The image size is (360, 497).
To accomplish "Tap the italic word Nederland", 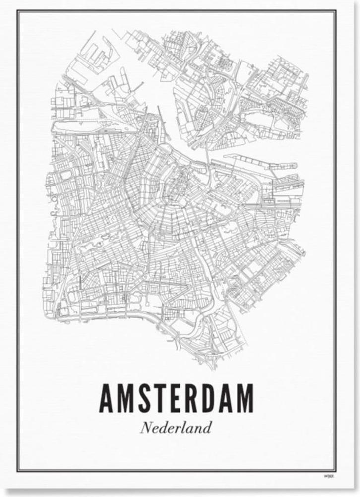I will click(x=176, y=427).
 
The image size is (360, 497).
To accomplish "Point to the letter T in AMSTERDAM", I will click(x=157, y=398).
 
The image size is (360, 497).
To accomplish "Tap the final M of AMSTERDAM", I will click(x=245, y=398).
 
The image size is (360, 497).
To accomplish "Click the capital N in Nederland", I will click(x=145, y=427).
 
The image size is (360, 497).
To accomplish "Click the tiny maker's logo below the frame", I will click(x=328, y=477).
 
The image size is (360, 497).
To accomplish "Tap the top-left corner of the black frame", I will click(x=18, y=11).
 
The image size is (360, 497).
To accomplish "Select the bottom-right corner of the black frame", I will click(x=335, y=470).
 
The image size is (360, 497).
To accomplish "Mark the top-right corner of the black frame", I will click(x=336, y=11).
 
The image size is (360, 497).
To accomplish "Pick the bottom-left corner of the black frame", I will click(x=18, y=470).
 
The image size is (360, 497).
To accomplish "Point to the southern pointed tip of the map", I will click(x=216, y=366).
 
